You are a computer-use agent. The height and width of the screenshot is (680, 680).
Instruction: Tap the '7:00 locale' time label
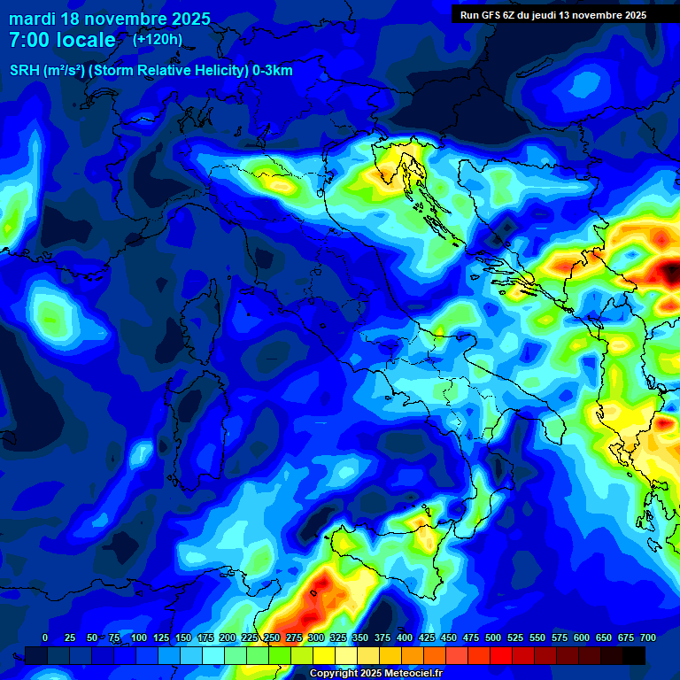click(x=62, y=41)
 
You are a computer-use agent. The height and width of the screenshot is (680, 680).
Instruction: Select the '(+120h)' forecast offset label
click(x=158, y=39)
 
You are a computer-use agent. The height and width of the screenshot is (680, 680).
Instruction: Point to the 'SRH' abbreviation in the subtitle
click(x=24, y=71)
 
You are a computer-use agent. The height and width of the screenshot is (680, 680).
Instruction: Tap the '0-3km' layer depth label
click(x=273, y=71)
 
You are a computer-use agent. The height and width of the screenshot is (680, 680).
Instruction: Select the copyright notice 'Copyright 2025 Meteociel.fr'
click(x=375, y=674)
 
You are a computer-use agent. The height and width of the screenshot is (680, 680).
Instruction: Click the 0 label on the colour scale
click(x=45, y=638)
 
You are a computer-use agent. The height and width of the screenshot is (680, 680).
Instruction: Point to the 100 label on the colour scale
click(x=139, y=638)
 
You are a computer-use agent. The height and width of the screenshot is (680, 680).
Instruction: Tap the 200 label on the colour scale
click(x=228, y=638)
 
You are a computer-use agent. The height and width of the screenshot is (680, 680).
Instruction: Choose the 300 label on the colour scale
click(x=316, y=638)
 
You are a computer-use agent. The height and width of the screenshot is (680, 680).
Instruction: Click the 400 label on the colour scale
click(x=405, y=638)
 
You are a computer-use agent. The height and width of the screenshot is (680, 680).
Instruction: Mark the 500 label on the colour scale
click(x=493, y=638)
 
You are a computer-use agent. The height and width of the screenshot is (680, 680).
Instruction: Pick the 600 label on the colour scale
click(x=582, y=638)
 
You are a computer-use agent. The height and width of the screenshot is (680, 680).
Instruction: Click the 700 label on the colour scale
click(x=648, y=638)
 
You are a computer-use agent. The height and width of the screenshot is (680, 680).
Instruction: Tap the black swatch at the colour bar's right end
click(x=634, y=655)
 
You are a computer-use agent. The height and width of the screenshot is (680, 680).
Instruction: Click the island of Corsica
click(x=203, y=323)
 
